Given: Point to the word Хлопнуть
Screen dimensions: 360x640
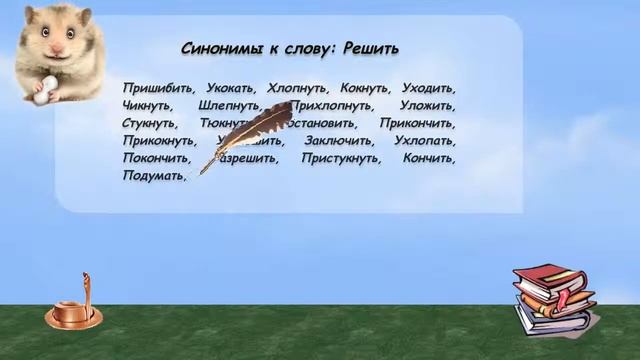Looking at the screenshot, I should point(299,88).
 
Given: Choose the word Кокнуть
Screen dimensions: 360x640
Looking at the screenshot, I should point(364,88).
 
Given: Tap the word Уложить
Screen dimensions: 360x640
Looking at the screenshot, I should point(427,106).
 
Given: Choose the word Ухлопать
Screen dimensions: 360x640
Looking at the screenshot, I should point(425,141).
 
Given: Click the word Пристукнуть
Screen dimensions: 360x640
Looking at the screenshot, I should point(340,159).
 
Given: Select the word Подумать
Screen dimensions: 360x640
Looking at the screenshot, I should point(153,176).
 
